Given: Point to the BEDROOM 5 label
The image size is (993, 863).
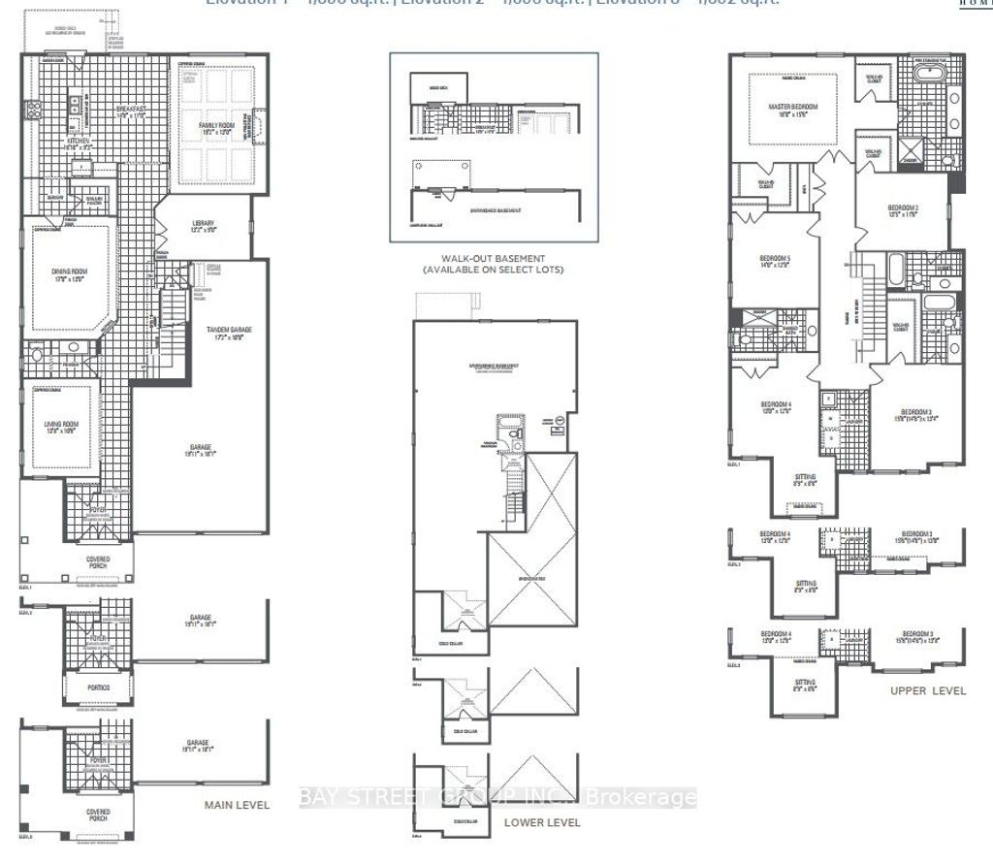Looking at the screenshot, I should [775, 259].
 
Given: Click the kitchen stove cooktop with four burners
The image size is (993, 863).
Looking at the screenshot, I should [30, 109].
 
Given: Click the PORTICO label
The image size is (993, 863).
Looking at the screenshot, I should [94, 687].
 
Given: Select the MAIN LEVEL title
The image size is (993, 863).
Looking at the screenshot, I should [236, 805].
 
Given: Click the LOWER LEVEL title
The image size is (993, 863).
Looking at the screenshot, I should [542, 822].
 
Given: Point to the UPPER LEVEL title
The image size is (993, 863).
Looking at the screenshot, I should [928, 690].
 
